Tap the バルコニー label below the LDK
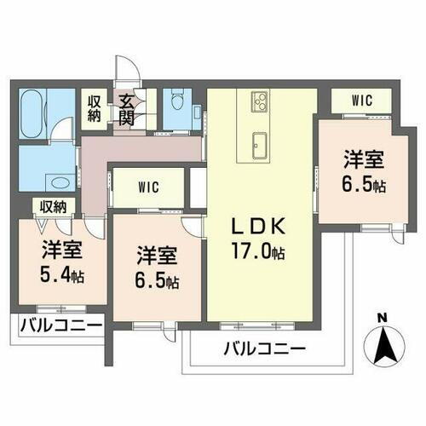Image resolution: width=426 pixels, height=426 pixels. [265, 348]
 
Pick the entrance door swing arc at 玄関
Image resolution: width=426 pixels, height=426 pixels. [125, 72]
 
